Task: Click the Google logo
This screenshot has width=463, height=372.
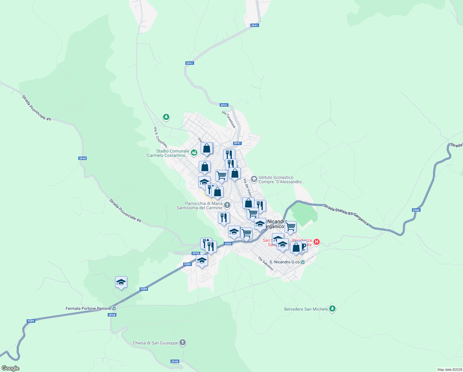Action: pyautogui.click(x=11, y=368)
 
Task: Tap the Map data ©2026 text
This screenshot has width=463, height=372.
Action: pyautogui.click(x=450, y=370)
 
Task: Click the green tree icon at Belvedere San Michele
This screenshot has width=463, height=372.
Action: pyautogui.click(x=332, y=308)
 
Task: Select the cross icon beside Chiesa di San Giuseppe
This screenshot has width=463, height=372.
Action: pyautogui.click(x=183, y=343)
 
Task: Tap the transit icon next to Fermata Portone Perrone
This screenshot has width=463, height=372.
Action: pyautogui.click(x=114, y=308)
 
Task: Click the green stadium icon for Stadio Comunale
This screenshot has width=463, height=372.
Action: pyautogui.click(x=194, y=152)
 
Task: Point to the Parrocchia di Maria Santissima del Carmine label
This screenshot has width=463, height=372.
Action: pyautogui.click(x=200, y=206)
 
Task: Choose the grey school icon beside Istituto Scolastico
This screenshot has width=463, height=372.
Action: pyautogui.click(x=254, y=179)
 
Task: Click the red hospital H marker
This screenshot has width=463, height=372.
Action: pyautogui.click(x=316, y=241)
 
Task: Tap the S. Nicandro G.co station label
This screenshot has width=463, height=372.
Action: pyautogui.click(x=284, y=262)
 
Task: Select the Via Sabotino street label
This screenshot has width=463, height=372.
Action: pyautogui.click(x=266, y=263)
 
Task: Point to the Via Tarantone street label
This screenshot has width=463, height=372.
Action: pyautogui.click(x=229, y=119)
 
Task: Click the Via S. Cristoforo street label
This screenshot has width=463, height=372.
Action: pyautogui.click(x=161, y=137)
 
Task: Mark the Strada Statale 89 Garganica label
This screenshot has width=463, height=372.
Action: pyautogui.click(x=346, y=214)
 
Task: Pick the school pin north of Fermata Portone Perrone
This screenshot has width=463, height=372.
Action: pyautogui.click(x=121, y=282)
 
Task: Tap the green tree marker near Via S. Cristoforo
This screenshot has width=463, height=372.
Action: pyautogui.click(x=166, y=117)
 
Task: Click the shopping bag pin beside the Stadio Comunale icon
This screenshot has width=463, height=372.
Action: pyautogui.click(x=207, y=148)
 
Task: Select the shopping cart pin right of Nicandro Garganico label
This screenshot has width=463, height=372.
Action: pyautogui.click(x=290, y=227)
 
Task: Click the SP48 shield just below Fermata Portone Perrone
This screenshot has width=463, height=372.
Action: pyautogui.click(x=112, y=315)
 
